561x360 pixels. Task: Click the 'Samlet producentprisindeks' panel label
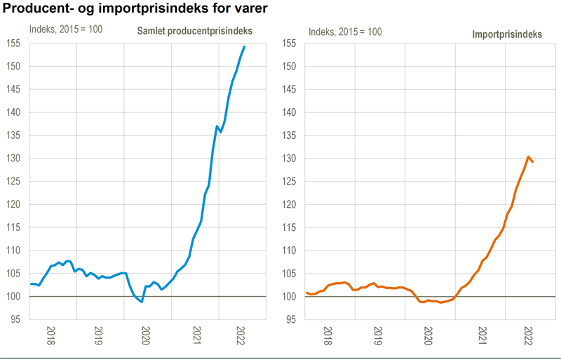(194, 31)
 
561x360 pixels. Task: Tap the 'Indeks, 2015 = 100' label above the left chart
(65, 30)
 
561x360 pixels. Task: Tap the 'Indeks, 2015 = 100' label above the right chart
(345, 31)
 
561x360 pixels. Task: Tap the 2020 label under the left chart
(146, 335)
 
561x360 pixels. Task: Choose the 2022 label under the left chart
(241, 335)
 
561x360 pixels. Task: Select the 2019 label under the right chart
(378, 335)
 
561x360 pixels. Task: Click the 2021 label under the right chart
(481, 335)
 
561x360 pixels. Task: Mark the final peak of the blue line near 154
(244, 46)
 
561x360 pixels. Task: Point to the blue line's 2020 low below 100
(142, 302)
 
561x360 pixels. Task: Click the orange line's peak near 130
(528, 156)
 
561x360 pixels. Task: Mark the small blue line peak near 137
(217, 126)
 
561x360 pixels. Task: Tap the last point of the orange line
(533, 162)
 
